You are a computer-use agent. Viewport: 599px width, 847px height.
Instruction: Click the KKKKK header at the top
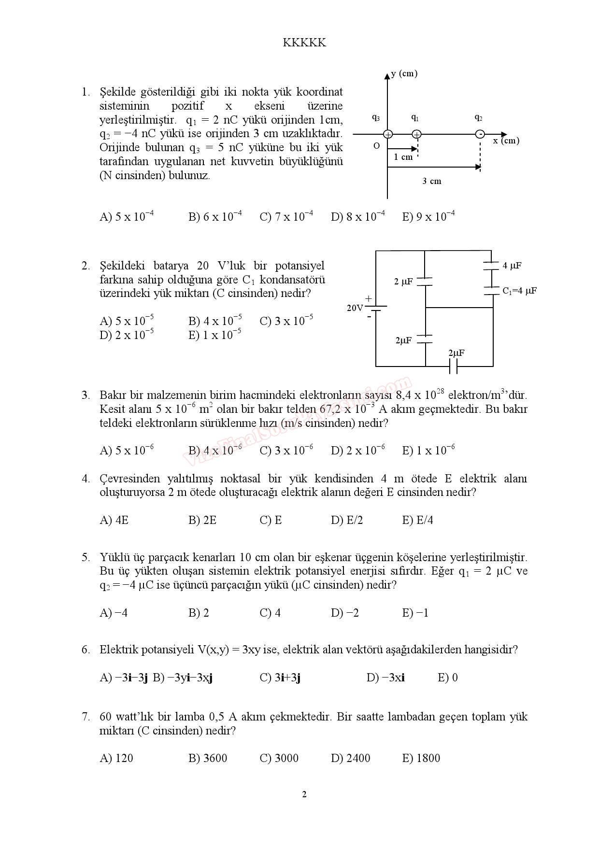(304, 43)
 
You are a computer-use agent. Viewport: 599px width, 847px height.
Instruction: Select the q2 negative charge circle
(480, 134)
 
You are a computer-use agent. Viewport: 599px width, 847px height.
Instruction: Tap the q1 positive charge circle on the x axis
(417, 134)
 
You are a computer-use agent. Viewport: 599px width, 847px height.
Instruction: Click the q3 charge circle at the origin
(388, 134)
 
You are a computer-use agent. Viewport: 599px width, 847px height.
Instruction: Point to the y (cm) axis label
(404, 73)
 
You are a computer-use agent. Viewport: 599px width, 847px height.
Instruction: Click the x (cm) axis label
(506, 141)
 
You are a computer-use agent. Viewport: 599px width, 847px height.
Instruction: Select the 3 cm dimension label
(432, 181)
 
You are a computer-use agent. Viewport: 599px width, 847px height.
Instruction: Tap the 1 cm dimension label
(403, 157)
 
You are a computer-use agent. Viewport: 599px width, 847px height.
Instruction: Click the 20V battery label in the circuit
(355, 308)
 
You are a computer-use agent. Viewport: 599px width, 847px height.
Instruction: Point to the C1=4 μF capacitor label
(519, 291)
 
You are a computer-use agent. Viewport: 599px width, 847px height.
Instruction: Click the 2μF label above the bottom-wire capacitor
(456, 353)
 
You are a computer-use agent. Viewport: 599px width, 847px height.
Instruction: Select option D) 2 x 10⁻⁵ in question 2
(127, 335)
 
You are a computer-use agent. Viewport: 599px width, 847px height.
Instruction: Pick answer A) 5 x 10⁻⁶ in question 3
(127, 451)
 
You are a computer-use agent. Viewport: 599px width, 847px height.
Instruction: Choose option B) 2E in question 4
(202, 520)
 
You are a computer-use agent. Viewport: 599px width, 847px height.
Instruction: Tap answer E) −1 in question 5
(415, 613)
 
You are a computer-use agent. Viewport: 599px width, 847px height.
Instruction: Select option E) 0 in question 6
(448, 678)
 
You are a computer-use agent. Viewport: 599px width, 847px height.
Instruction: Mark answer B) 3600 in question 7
(208, 758)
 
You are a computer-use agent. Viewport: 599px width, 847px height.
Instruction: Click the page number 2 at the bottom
(304, 794)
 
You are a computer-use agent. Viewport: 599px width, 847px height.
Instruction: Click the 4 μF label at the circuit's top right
(512, 266)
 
